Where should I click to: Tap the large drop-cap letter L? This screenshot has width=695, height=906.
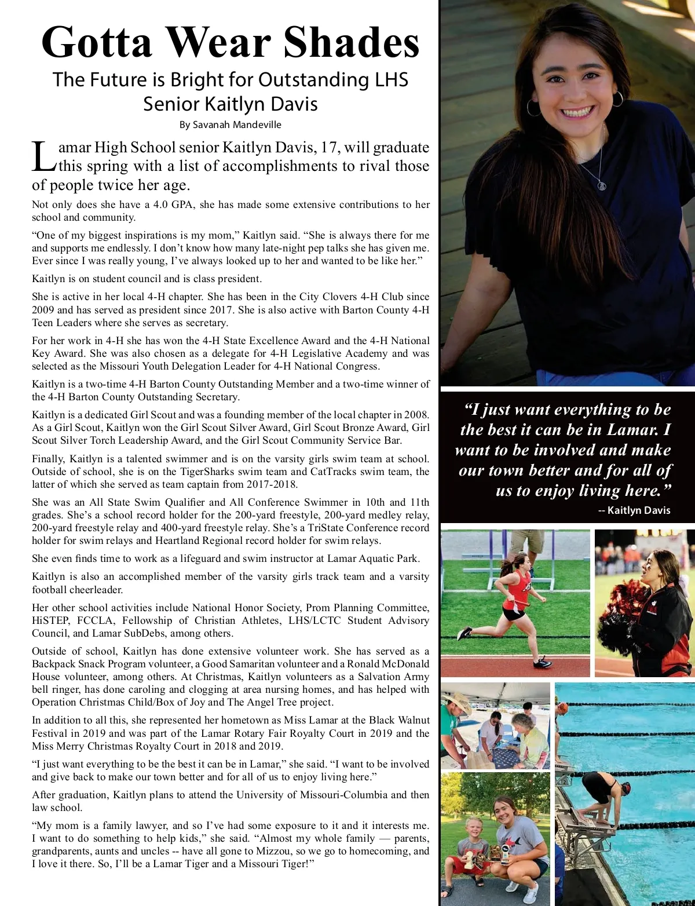43,156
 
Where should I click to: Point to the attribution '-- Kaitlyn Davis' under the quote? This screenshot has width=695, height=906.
634,510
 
